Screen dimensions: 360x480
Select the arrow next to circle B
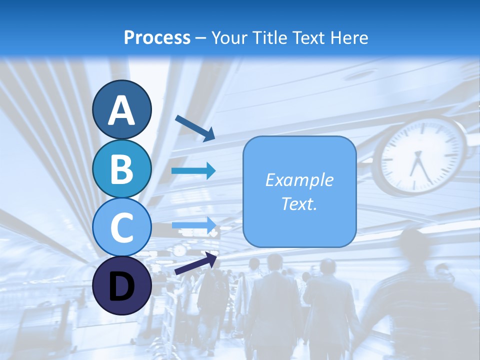coord(193,171)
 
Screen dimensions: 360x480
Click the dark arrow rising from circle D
coord(195,263)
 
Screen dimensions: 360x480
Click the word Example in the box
coord(299,180)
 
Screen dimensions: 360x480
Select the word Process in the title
coord(157,37)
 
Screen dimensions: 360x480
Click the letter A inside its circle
coord(122,110)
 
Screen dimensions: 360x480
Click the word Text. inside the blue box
coord(299,203)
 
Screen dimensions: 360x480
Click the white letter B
coord(122,169)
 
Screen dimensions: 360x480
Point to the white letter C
coord(122,227)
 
